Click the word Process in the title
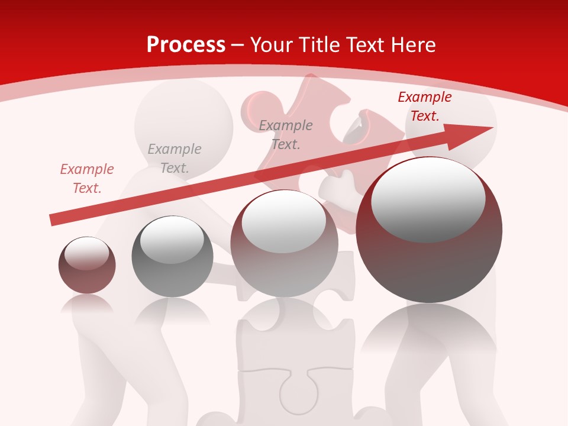click(186, 45)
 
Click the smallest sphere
click(87, 265)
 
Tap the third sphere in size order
click(284, 243)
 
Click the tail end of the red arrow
click(52, 220)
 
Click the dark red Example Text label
click(424, 106)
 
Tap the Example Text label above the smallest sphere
click(87, 179)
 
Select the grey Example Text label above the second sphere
click(175, 159)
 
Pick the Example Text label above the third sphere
click(286, 134)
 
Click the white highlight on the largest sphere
click(428, 198)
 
